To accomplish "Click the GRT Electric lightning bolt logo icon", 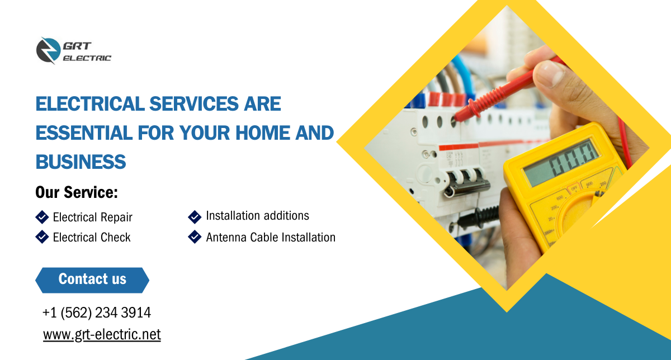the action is click(48, 50).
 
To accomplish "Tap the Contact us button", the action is click(92, 280).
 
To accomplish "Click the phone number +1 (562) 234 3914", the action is click(97, 312).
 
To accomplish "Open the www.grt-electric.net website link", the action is click(102, 334).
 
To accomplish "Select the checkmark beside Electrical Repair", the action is click(42, 217).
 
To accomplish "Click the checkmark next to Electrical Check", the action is click(42, 237).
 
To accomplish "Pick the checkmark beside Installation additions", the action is click(195, 217).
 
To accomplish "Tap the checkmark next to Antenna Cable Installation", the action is click(195, 237).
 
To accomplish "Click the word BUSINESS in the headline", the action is click(81, 162).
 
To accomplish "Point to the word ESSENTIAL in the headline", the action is click(84, 132).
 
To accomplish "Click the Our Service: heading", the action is click(77, 192).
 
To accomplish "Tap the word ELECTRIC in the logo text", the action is click(87, 58).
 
